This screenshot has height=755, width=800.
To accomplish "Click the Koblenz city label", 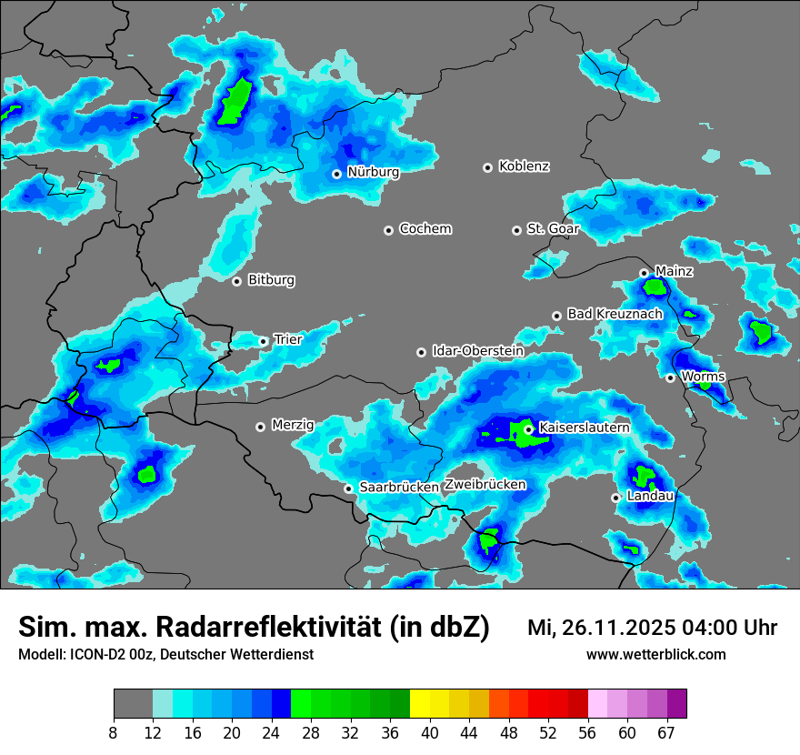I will coord(524,166).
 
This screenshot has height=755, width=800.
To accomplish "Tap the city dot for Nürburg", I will coord(336,174).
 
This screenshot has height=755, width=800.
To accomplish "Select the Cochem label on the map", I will coord(425,229).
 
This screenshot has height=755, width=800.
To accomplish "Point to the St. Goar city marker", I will coord(516,230).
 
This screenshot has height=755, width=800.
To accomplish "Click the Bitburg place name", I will coord(271,280).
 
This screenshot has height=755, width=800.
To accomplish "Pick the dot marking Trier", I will coord(263,341).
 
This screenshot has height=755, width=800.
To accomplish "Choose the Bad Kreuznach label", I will coord(615,314).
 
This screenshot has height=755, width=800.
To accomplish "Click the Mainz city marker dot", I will coord(644,273).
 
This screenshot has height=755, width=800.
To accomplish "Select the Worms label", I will coord(702,377).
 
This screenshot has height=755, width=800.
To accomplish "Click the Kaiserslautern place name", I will coord(584,428).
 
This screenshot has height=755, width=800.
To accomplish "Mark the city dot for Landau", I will coord(615,498).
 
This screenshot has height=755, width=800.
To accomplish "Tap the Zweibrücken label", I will coord(485,485).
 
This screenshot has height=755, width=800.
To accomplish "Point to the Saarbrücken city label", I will coord(398,488).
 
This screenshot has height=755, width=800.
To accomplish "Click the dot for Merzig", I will coord(260,426).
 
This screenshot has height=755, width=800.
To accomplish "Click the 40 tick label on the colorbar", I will coord(429,732).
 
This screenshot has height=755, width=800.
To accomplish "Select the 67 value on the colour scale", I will coord(666,732).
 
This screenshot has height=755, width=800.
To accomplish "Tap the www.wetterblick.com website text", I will coord(655,654).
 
